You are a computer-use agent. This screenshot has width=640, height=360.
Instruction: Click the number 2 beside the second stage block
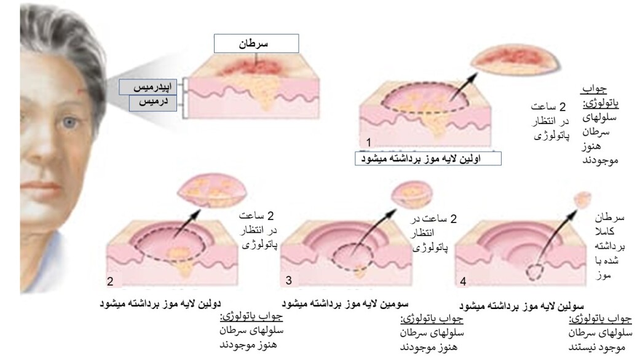pyautogui.click(x=111, y=282)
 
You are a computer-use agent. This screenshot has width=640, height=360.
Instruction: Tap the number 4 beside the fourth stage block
pyautogui.click(x=463, y=282)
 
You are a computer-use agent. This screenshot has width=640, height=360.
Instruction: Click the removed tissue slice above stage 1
pyautogui.click(x=515, y=62)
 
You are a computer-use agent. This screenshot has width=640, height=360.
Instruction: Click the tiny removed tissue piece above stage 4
pyautogui.click(x=579, y=198)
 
